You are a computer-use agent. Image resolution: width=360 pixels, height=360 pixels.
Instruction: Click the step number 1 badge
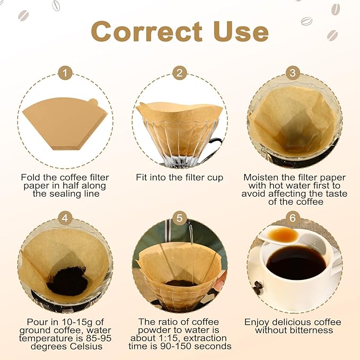[65, 73]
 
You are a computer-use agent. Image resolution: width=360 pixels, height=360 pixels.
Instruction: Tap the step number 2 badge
[180, 73]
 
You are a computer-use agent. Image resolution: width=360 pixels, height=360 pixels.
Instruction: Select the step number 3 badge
[293, 73]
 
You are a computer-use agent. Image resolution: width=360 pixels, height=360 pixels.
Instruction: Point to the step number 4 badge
[65, 218]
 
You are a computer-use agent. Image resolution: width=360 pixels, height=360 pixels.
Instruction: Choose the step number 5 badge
[180, 218]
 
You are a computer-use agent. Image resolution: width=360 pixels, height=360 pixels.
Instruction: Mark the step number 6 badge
[293, 218]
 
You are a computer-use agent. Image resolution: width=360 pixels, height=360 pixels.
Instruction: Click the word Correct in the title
[147, 31]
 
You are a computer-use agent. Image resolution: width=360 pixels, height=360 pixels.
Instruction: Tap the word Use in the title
[241, 31]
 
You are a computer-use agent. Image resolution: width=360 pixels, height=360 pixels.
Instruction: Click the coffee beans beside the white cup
[258, 287]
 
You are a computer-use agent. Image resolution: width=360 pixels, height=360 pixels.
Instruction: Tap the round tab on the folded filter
[93, 102]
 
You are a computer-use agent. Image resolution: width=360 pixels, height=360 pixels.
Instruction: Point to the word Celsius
[86, 346]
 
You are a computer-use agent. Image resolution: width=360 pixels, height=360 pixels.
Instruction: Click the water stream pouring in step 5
[190, 234]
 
